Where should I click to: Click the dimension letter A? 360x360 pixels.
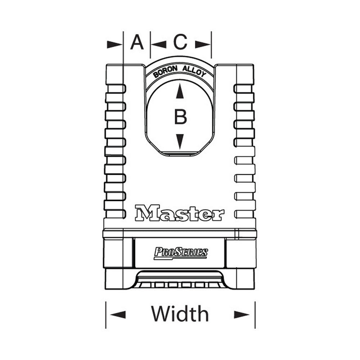pyautogui.click(x=137, y=42)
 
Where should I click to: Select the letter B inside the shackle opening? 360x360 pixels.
pyautogui.click(x=180, y=117)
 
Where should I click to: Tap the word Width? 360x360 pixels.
pyautogui.click(x=180, y=314)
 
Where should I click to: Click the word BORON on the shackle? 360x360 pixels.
pyautogui.click(x=165, y=72)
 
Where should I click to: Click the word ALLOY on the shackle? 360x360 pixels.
pyautogui.click(x=194, y=71)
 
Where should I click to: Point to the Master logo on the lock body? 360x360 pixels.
pyautogui.click(x=180, y=213)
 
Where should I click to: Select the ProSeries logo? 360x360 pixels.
pyautogui.click(x=181, y=253)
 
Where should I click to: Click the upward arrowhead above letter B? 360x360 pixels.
pyautogui.click(x=180, y=91)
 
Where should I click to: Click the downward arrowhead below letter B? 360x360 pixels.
pyautogui.click(x=180, y=141)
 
